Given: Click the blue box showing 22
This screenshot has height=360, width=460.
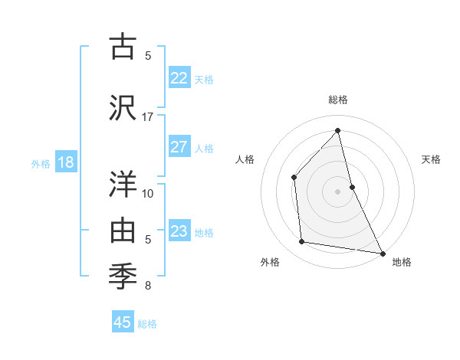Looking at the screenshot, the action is pos(179,78).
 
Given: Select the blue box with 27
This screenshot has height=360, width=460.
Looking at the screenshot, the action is pos(179,147).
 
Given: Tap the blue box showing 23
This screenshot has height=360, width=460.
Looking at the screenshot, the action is pos(179,231).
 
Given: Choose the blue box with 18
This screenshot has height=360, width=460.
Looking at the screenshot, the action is pos(65,162).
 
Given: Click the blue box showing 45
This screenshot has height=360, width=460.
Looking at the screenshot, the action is pos(123,322).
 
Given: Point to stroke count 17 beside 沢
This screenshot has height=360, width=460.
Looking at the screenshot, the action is pos(148,117).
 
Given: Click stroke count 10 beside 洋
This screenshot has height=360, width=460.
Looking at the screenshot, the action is pos(148,193).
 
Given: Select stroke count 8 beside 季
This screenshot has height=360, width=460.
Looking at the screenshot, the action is pos(148,286).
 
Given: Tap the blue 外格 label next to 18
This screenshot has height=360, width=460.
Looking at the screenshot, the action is pos(40,163).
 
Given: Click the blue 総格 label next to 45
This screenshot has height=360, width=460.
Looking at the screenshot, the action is pos(147,324).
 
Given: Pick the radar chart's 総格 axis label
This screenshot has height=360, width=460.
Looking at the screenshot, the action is pos(337,100).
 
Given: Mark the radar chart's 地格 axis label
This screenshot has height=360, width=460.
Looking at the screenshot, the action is pos(402,263).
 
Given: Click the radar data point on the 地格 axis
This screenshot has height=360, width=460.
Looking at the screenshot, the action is pos(381,253).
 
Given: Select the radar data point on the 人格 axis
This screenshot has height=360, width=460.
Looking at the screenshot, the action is pos(294,177).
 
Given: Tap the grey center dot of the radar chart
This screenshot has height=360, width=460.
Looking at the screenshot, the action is pos(337,191).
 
